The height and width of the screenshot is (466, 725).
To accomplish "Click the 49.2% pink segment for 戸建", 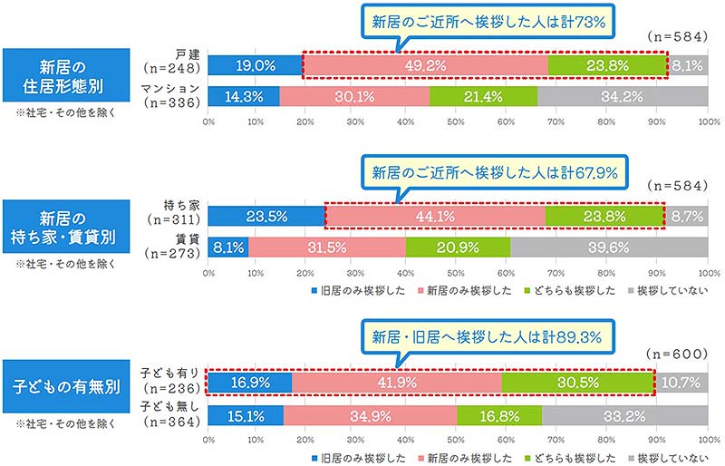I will coord(425,65).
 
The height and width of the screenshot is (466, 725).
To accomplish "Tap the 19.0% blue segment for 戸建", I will coord(255,65).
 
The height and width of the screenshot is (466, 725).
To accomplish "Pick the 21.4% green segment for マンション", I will coord(483,97).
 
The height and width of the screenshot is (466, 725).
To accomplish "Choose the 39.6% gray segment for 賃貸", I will coord(608,248).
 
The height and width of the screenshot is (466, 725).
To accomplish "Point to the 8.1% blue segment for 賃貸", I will coord(228,248).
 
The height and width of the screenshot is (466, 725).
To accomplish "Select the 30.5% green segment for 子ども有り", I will coord(576,382).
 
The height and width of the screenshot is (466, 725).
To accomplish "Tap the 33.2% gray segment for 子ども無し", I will coord(624,414).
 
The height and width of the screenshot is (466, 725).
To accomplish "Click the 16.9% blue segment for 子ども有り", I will coord(250,382).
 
